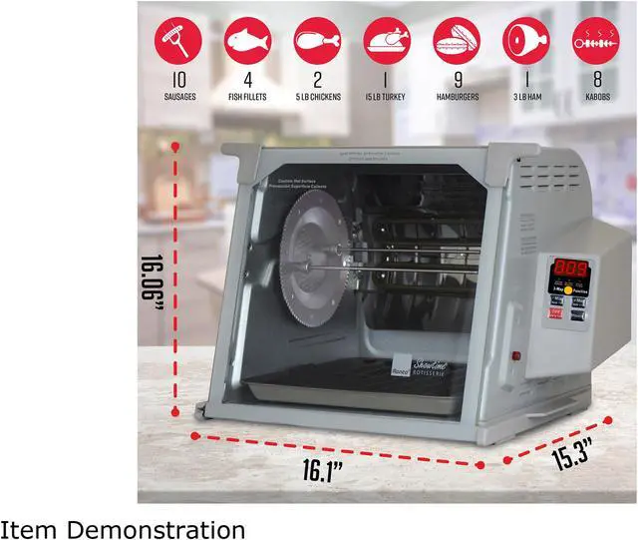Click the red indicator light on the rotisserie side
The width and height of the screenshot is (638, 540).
click(x=514, y=354)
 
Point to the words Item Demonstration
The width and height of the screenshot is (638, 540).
click(x=123, y=525)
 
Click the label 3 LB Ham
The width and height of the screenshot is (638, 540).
click(x=525, y=97)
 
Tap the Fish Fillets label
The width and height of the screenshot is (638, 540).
click(x=248, y=97)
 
